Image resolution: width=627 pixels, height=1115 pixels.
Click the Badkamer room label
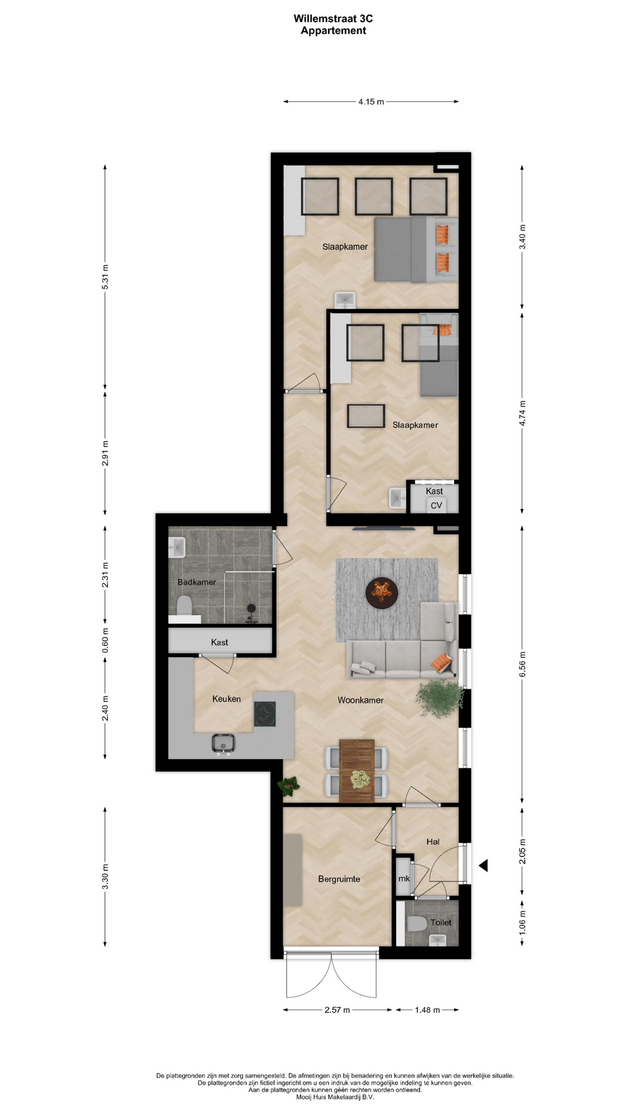(197, 582)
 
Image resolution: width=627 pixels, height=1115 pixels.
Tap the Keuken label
(226, 699)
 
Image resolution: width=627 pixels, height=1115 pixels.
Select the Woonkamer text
(361, 700)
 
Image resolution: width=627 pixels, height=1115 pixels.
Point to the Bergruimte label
(339, 879)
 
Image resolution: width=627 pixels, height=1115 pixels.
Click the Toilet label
(441, 922)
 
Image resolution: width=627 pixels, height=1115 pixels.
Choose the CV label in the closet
(436, 505)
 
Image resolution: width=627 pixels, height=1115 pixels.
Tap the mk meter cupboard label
(404, 878)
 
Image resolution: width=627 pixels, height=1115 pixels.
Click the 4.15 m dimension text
(371, 102)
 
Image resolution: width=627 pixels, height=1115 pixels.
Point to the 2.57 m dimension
(337, 1010)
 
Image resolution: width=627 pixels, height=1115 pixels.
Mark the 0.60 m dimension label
(105, 641)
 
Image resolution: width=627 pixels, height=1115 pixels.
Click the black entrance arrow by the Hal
(483, 865)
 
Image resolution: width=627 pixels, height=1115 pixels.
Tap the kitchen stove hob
(265, 714)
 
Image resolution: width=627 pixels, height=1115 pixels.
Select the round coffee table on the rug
(382, 592)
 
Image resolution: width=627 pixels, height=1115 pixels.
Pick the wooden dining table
(356, 771)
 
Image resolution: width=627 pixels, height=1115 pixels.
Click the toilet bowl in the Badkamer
(184, 605)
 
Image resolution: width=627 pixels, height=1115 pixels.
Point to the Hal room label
(433, 841)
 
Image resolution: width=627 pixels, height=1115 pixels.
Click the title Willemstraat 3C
(333, 19)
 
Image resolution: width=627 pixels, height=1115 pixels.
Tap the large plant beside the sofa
(439, 697)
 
